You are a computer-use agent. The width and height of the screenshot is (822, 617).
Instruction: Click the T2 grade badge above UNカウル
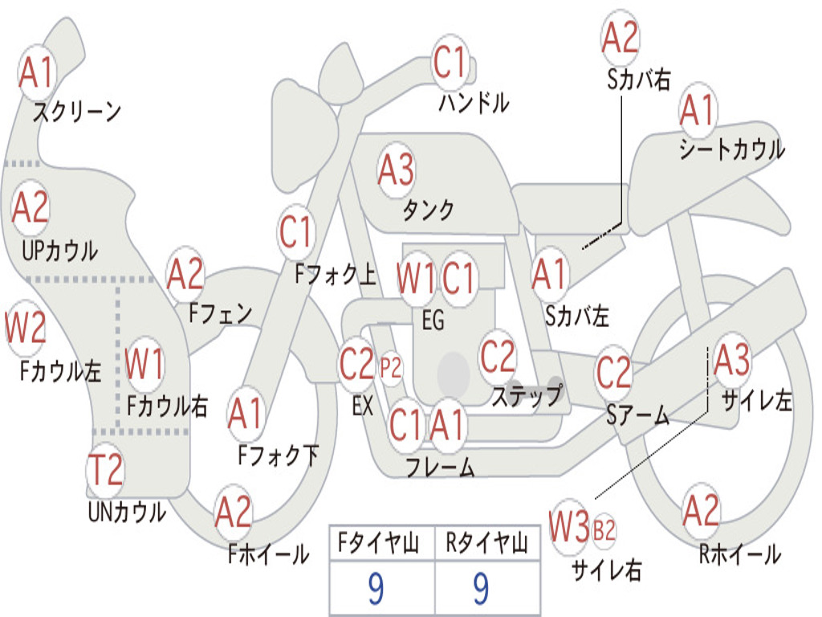coord(105,470)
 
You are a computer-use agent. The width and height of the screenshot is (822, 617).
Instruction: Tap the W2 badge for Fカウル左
coord(25,328)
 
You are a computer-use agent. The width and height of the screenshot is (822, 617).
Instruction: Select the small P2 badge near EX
coord(391,368)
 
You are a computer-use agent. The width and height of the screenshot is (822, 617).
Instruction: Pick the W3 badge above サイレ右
coord(569,526)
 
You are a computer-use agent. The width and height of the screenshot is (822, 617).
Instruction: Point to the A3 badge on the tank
coord(396,170)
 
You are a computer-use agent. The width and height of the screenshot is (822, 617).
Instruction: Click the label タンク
coord(428,210)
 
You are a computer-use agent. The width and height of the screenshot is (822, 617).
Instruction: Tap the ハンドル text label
coord(474,103)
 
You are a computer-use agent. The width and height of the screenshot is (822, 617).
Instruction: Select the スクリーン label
coord(77,111)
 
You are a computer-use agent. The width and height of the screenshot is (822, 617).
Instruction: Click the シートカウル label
coord(732,149)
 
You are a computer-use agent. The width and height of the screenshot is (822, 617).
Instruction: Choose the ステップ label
coord(527,395)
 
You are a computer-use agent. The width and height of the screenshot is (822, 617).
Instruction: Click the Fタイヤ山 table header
coord(378,543)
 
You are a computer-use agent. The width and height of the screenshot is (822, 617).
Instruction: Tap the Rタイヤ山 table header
coord(487,543)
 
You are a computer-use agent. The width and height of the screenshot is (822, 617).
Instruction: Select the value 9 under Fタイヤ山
coord(376,588)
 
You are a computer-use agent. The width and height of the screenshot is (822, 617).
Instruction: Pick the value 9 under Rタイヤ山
coord(481,588)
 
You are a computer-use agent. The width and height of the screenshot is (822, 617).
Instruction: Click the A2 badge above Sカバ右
coord(621,38)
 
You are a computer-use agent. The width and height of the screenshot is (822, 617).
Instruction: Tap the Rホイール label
coord(739,554)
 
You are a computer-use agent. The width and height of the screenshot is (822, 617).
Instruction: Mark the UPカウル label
coord(59,251)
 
